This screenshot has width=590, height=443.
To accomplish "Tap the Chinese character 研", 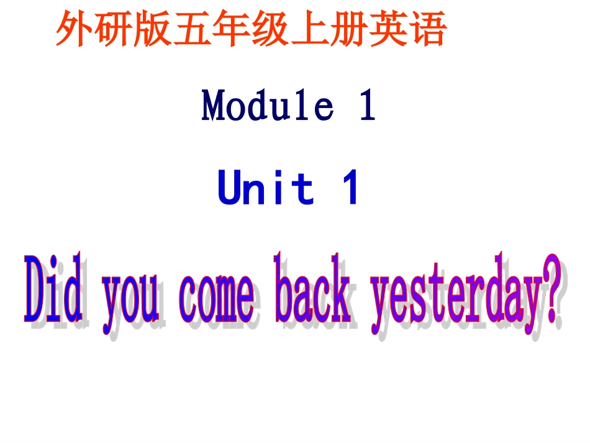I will click(x=114, y=29).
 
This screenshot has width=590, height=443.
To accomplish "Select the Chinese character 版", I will click(x=153, y=29).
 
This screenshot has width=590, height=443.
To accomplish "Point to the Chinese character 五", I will click(x=193, y=29).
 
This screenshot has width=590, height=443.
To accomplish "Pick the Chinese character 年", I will click(x=232, y=29).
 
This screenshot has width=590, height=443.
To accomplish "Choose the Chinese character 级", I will click(x=271, y=29).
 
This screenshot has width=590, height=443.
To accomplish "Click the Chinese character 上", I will click(x=310, y=29).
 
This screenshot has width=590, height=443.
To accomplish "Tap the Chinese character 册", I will click(x=349, y=29).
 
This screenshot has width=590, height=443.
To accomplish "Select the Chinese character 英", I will click(x=388, y=29).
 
